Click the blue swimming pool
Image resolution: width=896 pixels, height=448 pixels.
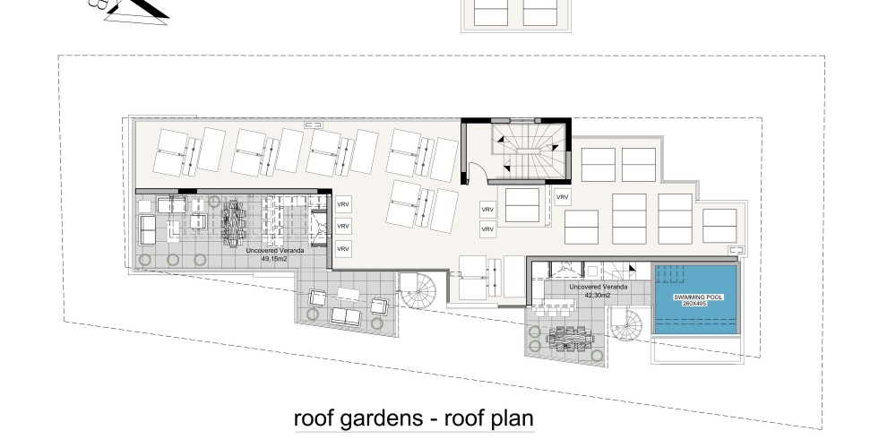click(695, 299)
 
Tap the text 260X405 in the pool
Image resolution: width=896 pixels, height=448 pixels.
click(694, 304)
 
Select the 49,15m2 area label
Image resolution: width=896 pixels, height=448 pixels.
click(274, 259)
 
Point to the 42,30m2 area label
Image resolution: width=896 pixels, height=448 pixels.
click(598, 296)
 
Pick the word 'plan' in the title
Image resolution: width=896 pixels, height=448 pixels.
click(512, 419)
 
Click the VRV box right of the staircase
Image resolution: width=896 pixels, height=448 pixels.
click(563, 197)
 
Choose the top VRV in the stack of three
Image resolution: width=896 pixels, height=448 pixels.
click(343, 204)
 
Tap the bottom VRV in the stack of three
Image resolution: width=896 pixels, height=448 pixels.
click(343, 249)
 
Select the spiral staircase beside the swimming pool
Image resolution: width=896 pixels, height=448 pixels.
click(626, 324)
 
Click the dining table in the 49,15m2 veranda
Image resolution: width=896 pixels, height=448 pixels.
click(233, 223)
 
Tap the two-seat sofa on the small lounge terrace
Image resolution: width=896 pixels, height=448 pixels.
click(346, 316)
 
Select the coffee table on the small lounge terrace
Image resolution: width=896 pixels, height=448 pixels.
click(348, 294)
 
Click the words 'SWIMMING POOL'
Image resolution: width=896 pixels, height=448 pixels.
click(698, 297)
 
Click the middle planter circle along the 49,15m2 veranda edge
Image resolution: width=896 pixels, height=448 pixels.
click(173, 260)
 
